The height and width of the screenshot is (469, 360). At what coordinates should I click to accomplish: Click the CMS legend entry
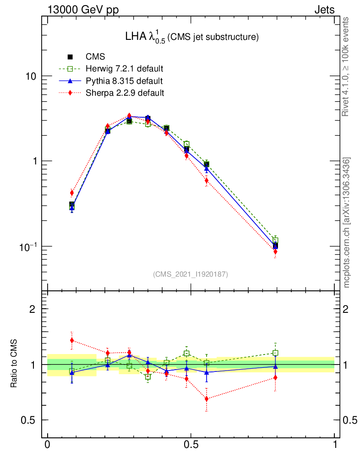tap(95, 57)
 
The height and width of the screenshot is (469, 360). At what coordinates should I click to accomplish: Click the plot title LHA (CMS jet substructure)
tap(192, 37)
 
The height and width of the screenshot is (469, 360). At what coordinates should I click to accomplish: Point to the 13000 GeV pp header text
tap(83, 10)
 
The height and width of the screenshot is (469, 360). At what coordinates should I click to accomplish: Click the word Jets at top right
tap(324, 10)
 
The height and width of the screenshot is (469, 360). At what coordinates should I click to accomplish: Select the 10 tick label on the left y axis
tap(31, 76)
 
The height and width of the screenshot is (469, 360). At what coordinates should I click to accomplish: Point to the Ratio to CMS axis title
tap(14, 365)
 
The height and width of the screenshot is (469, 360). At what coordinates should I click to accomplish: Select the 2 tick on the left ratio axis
tap(32, 309)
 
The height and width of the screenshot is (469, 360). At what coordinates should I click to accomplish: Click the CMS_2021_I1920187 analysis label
tap(190, 274)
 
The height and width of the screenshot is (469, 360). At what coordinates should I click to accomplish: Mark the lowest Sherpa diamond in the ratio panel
tap(207, 399)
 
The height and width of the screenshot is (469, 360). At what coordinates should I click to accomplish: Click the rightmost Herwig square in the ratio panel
tap(275, 353)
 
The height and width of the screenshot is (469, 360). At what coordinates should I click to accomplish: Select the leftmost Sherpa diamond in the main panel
tap(71, 193)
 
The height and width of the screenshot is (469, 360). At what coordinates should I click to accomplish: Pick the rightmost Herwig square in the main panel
tap(275, 240)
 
